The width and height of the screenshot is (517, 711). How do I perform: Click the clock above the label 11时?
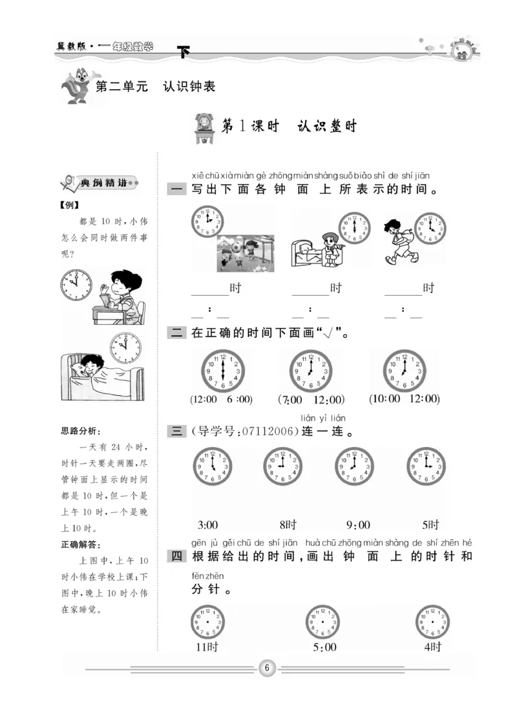coord(207,623)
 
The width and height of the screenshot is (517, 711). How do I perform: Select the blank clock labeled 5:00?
coord(322,623)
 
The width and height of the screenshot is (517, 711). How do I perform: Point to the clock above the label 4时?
coord(432,623)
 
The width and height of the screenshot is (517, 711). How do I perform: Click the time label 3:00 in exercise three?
coord(207,524)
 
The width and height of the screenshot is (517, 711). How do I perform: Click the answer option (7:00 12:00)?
coord(311,400)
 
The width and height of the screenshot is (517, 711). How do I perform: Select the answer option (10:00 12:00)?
coord(405,399)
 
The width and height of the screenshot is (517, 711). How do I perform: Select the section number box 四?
coord(176,556)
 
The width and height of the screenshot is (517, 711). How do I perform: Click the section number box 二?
coord(176,333)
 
